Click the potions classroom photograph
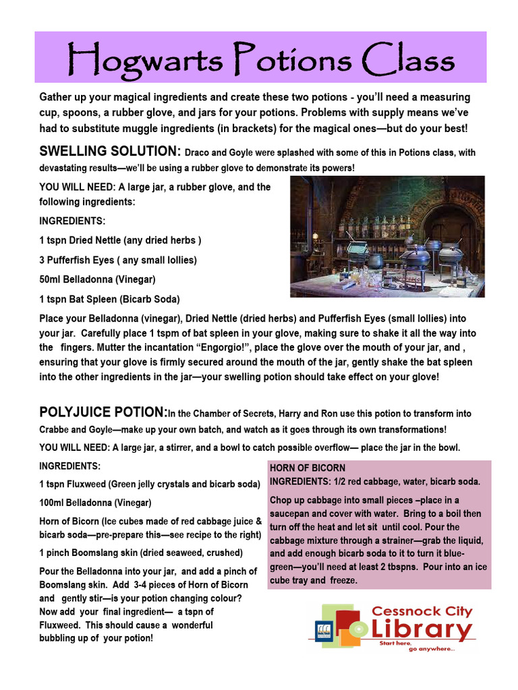pyautogui.click(x=387, y=236)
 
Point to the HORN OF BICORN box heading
pyautogui.click(x=308, y=468)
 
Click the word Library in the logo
pyautogui.click(x=422, y=631)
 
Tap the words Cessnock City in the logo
pyautogui.click(x=422, y=611)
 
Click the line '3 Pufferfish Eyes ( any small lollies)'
pyautogui.click(x=118, y=259)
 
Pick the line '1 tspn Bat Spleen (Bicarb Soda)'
pyautogui.click(x=109, y=299)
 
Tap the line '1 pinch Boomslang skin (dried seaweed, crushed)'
pyautogui.click(x=140, y=553)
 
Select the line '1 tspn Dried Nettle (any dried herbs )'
pyautogui.click(x=120, y=240)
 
